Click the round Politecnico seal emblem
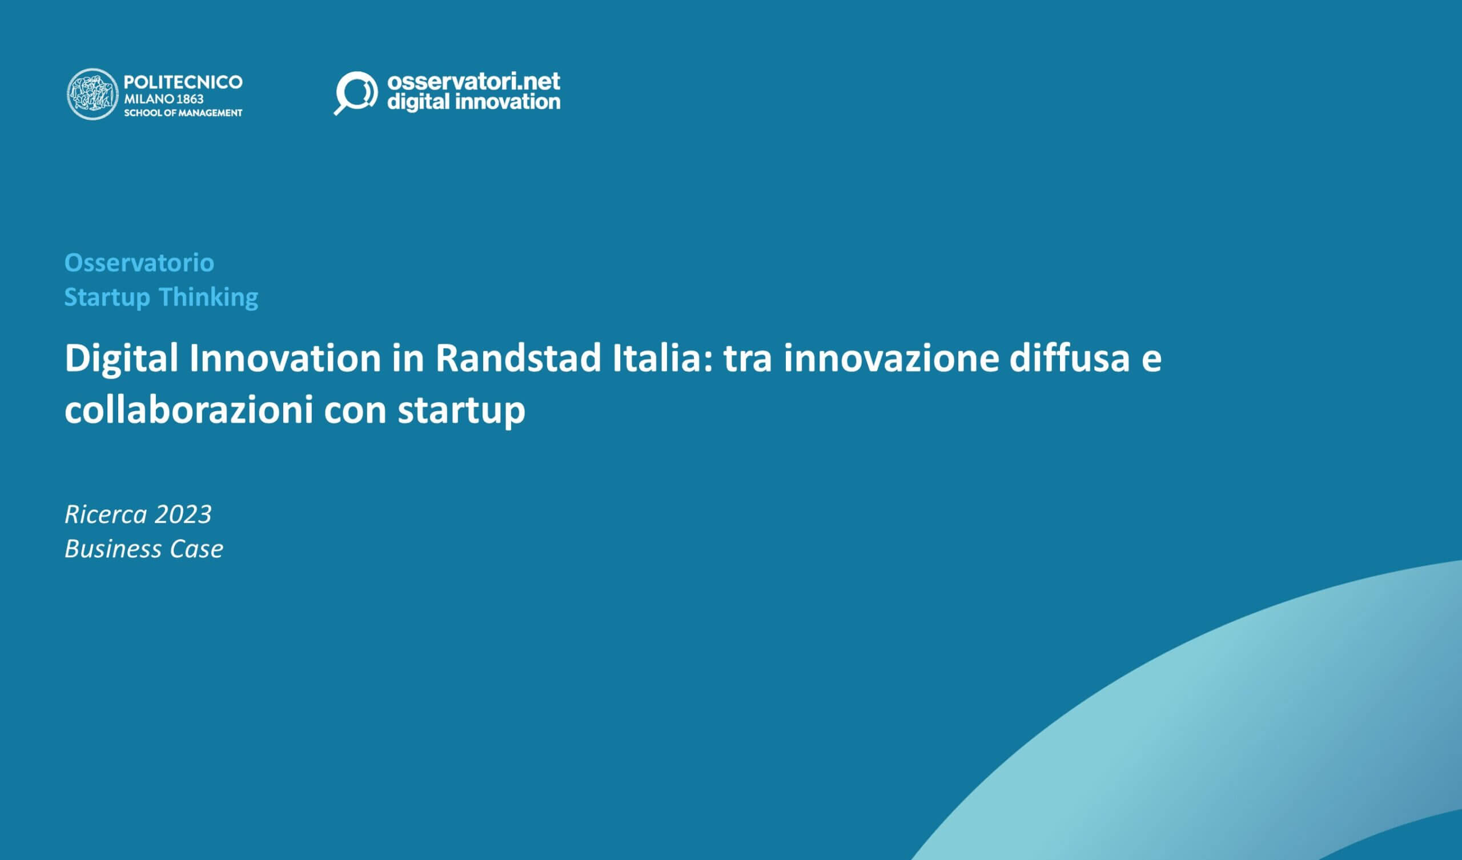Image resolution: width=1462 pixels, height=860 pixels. [93, 94]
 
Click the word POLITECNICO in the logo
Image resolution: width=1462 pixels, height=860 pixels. [183, 82]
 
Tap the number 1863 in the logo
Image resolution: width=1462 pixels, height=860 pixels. [190, 99]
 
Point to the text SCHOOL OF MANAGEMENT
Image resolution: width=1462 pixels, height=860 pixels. [183, 112]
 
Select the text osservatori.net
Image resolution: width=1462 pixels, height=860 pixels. [473, 81]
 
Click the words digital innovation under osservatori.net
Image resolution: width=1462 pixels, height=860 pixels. [473, 102]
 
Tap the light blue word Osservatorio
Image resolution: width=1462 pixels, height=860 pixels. [139, 263]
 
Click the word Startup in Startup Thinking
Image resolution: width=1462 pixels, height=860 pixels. [107, 297]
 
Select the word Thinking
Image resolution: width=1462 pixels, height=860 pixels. [208, 297]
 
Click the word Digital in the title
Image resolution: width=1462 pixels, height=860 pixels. [121, 358]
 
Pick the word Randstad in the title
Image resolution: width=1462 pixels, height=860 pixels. [518, 358]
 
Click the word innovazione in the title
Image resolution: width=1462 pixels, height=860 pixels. [891, 358]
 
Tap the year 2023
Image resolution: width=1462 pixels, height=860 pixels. [183, 514]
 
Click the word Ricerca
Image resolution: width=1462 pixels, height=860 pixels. [106, 514]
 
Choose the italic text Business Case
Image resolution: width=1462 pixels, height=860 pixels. [144, 549]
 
